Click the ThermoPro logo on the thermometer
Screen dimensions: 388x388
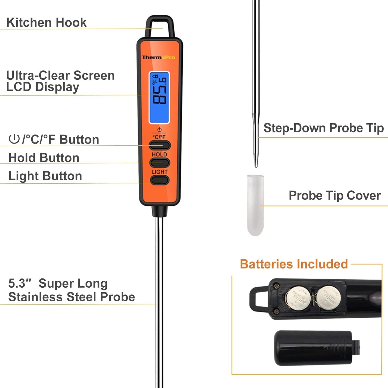[159, 57]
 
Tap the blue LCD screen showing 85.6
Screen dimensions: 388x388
[159, 98]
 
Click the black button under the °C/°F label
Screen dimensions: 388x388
[160, 145]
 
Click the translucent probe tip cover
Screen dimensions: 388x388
[255, 205]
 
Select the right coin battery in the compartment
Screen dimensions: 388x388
[329, 298]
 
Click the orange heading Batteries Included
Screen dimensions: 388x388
[294, 264]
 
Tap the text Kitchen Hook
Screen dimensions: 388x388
[46, 23]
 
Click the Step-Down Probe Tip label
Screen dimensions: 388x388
[323, 128]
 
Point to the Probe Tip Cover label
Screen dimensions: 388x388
[334, 196]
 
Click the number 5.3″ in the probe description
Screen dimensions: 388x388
[20, 283]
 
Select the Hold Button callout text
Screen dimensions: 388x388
[44, 158]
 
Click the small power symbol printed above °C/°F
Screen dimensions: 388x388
[159, 130]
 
